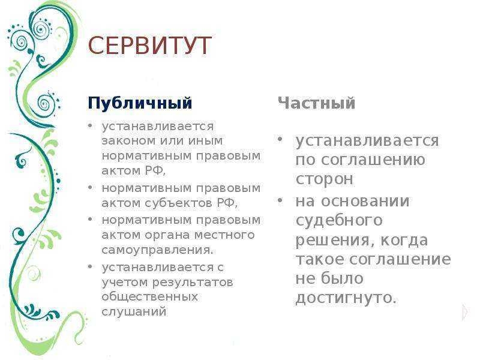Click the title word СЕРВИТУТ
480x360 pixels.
pos(149,46)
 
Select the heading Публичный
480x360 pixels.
pos(140,103)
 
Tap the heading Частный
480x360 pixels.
pos(317,103)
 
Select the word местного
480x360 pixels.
pos(224,235)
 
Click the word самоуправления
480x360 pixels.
pos(157,250)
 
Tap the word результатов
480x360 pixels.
pos(193,282)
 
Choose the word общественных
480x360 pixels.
pos(149,297)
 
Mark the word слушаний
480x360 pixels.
pos(134,311)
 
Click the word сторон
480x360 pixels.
pos(324,179)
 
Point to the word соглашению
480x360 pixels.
pos(373,160)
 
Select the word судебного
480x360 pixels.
pos(339,221)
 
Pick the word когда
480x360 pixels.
pos(404,240)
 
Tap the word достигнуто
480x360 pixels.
pos(346,298)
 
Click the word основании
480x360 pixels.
pos(365,202)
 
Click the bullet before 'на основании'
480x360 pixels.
pos(280,201)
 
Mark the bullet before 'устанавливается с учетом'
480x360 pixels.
pos(89,266)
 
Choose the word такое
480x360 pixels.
pos(320,260)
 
